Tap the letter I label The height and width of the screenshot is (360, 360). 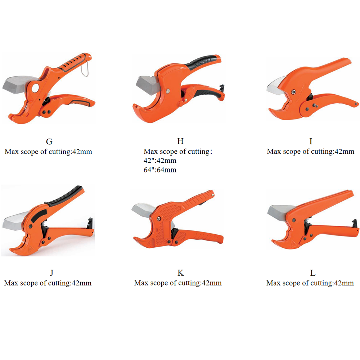[311, 141]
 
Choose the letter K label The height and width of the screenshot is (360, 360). [181, 273]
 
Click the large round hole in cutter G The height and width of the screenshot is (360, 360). [35, 88]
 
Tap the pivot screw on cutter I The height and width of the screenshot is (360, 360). [294, 92]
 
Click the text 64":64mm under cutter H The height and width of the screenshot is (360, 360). [160, 170]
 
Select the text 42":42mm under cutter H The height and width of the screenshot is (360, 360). [160, 161]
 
